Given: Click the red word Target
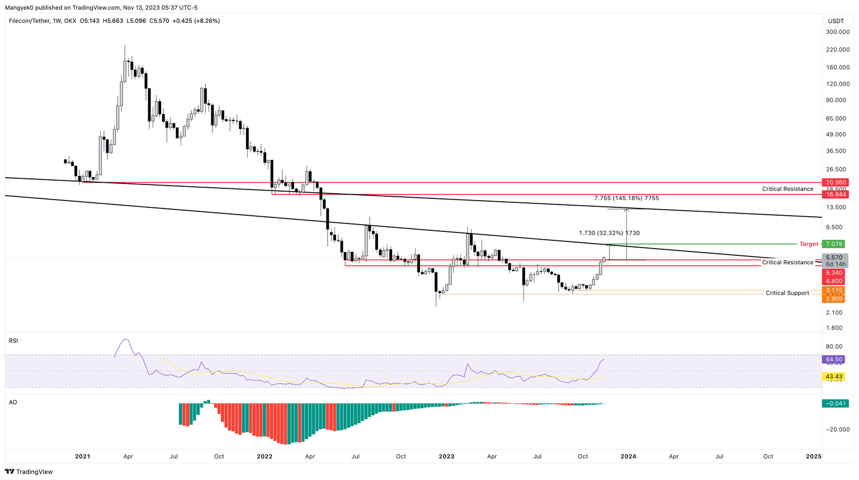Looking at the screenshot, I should (809, 244).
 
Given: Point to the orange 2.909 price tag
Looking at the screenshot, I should (834, 299).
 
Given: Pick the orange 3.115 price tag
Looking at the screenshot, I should (834, 291).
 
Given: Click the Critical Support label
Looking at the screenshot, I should (787, 293).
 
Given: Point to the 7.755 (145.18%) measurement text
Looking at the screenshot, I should (626, 198).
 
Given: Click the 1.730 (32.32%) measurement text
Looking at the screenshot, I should (609, 233).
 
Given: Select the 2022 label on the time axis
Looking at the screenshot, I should (265, 457).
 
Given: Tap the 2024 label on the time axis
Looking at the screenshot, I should (628, 457).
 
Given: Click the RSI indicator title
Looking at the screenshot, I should (13, 340).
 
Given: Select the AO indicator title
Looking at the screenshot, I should (13, 402).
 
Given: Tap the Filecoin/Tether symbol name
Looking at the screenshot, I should (29, 21).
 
